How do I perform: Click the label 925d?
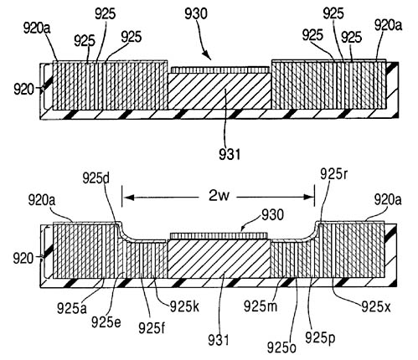95,178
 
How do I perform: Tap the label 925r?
334,174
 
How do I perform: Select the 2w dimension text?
219,196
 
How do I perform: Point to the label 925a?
72,308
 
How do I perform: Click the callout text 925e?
106,322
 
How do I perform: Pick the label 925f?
152,328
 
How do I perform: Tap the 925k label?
184,306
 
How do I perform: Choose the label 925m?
261,306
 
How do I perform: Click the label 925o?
281,347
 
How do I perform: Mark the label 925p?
320,338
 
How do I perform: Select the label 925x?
376,306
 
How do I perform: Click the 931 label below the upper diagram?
230,154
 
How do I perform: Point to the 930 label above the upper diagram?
196,13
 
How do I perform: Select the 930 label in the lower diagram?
272,214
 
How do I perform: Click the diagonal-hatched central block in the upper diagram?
219,91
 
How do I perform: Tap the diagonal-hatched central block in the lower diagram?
219,259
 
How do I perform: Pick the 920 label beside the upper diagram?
23,90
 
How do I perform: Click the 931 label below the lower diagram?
219,340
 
